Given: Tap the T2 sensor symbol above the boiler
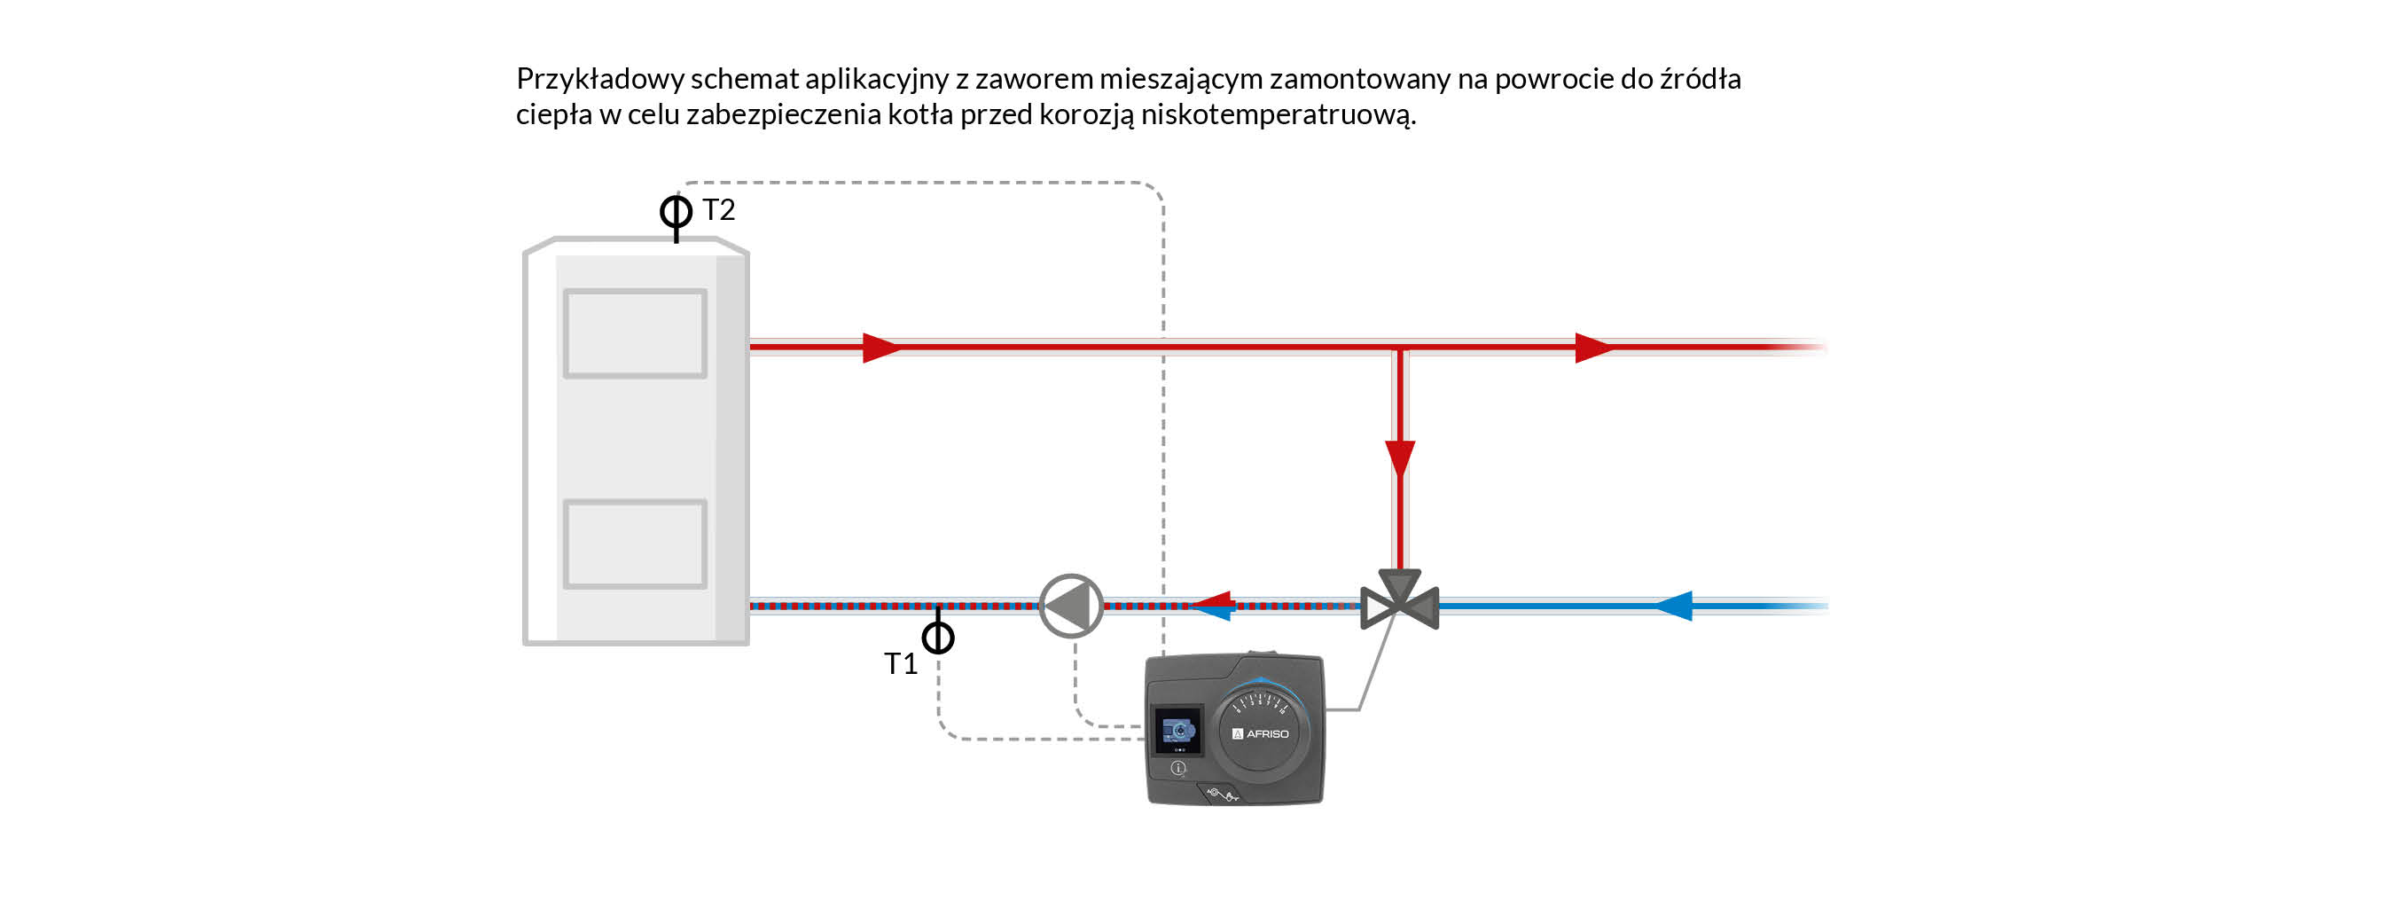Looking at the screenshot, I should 676,213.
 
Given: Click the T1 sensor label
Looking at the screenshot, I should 901,664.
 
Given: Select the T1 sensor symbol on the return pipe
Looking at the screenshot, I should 938,638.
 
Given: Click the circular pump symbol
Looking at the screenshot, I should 1071,606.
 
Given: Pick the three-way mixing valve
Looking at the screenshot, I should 1399,601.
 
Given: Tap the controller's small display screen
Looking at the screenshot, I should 1178,730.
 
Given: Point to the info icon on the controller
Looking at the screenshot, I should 1178,768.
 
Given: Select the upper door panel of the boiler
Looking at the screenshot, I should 635,333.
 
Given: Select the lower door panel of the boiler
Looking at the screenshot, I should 635,544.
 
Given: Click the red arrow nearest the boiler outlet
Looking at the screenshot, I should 880,348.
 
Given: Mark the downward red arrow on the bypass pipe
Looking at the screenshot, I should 1400,458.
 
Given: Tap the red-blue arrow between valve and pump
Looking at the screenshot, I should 1215,606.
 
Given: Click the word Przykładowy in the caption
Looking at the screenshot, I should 600,79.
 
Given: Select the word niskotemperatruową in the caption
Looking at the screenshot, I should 1278,114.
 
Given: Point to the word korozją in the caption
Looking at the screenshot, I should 1086,114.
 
